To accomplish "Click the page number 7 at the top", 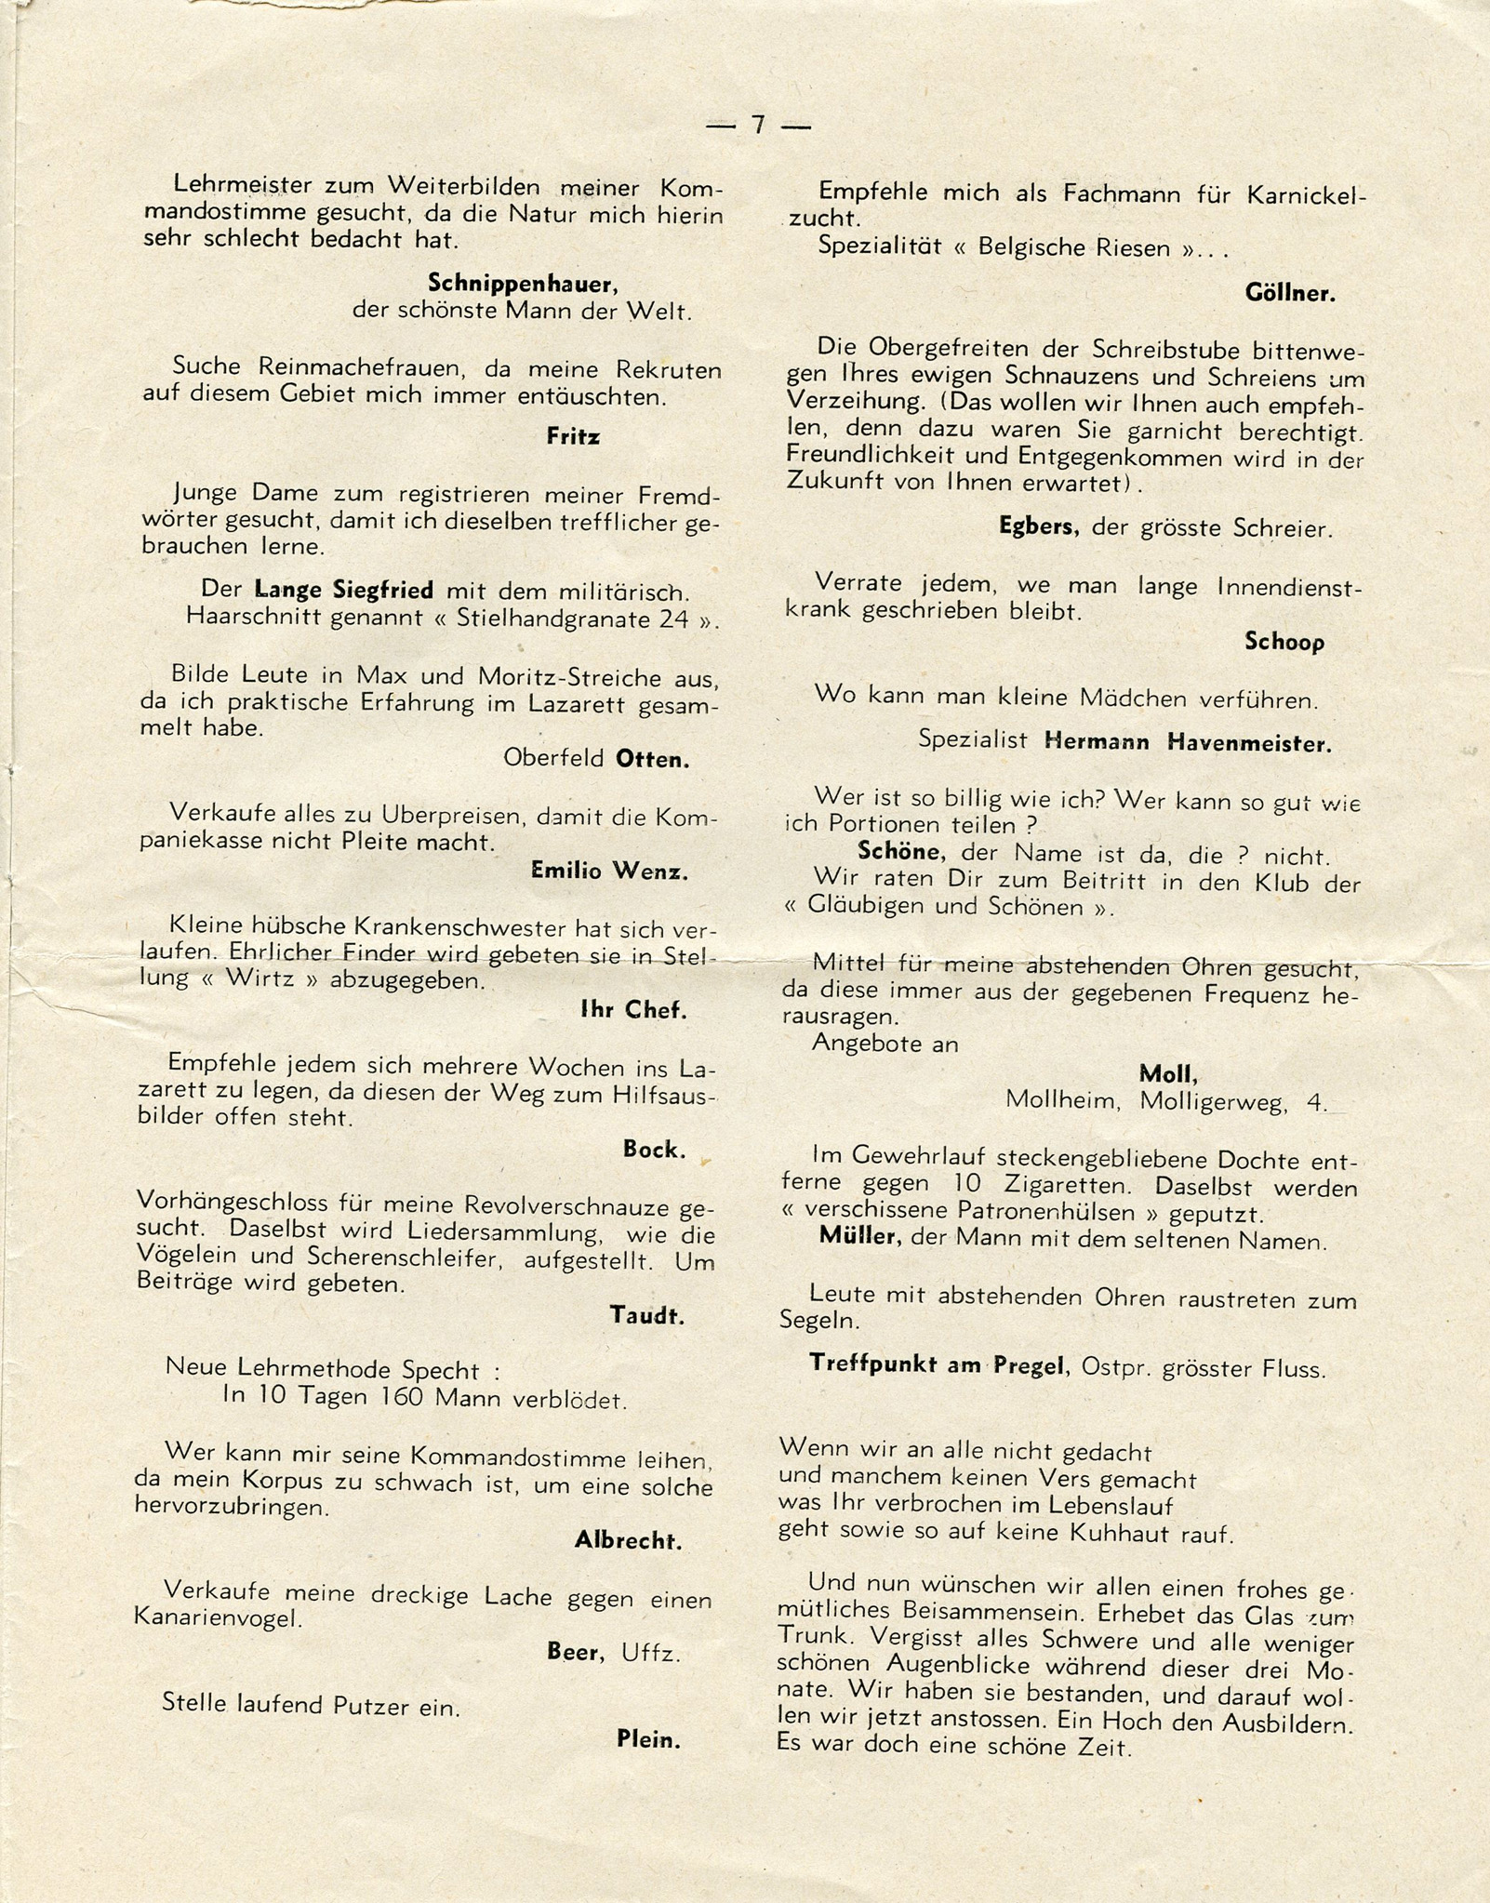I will coord(758,125).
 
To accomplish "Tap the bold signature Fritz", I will coord(573,436).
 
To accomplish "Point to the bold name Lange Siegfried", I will coord(344,590).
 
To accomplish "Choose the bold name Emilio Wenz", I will coord(609,871).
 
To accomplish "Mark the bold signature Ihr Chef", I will coord(633,1010).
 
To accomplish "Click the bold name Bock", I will coord(654,1150).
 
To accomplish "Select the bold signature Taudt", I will coord(646,1315).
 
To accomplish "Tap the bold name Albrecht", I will coord(628,1540).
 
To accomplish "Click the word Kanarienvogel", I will coord(219,1618).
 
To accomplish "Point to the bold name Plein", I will coord(648,1739).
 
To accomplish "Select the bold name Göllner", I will coord(1290,294).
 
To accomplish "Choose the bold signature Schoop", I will coord(1284,642).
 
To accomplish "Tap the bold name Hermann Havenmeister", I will coord(1188,742).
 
